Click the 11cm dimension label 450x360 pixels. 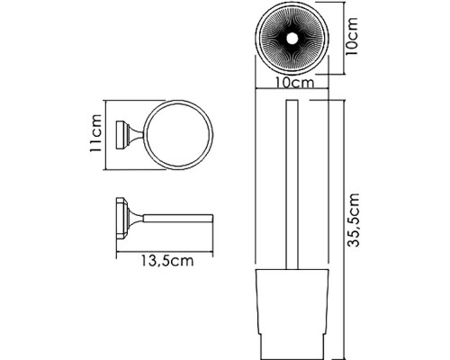click(x=96, y=133)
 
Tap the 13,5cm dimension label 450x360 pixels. click(x=167, y=261)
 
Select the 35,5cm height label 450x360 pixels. click(x=353, y=220)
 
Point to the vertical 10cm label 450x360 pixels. click(x=352, y=36)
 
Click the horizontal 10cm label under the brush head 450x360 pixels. click(x=295, y=83)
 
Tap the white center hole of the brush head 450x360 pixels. click(x=292, y=38)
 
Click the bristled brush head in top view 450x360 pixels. click(x=292, y=38)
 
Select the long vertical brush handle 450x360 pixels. click(x=292, y=184)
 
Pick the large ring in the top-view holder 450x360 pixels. click(x=145, y=135)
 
